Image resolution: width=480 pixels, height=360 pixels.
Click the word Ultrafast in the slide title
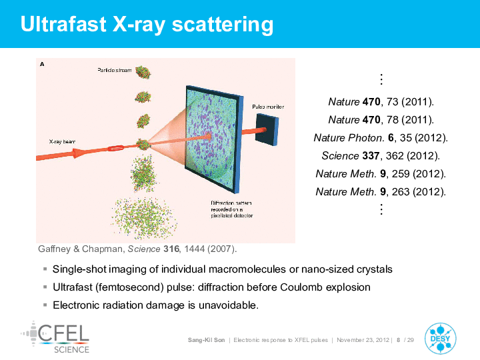pyautogui.click(x=63, y=24)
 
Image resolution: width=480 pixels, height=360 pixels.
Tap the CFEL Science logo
pyautogui.click(x=55, y=337)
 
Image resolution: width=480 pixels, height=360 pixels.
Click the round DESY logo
pyautogui.click(x=440, y=339)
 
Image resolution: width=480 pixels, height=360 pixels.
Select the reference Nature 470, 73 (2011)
pyautogui.click(x=381, y=101)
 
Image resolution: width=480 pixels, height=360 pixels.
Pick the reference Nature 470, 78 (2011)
pyautogui.click(x=381, y=120)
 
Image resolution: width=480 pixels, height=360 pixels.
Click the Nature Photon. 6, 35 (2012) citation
pyautogui.click(x=381, y=138)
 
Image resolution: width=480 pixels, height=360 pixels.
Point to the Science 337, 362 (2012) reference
pyautogui.click(x=381, y=156)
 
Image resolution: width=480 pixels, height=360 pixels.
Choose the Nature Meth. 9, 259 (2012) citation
pyautogui.click(x=381, y=174)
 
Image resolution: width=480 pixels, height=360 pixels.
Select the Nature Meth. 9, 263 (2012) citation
pyautogui.click(x=381, y=192)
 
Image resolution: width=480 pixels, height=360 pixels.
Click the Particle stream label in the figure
pyautogui.click(x=115, y=70)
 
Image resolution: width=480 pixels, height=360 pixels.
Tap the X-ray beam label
pyautogui.click(x=62, y=141)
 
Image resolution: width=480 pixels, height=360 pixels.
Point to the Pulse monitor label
pyautogui.click(x=268, y=107)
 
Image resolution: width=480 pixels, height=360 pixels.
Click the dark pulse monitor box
pyautogui.click(x=267, y=129)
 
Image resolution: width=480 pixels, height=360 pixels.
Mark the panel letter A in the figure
pyautogui.click(x=42, y=64)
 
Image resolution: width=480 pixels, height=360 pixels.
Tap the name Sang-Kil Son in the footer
pyautogui.click(x=206, y=340)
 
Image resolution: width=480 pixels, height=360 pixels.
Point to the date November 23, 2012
pyautogui.click(x=363, y=340)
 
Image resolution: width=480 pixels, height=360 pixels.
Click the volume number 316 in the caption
pyautogui.click(x=171, y=249)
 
